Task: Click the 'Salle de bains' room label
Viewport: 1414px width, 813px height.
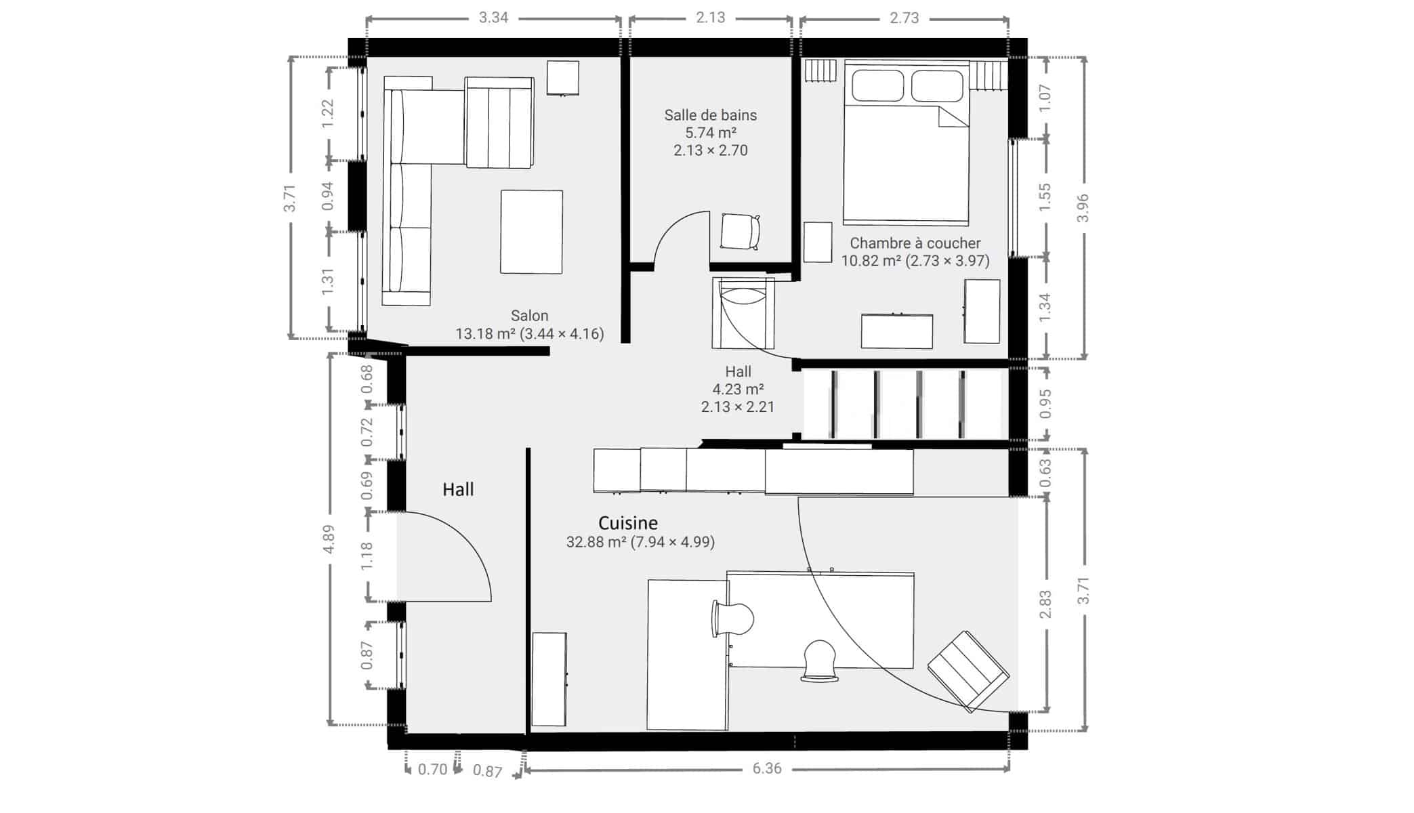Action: point(710,115)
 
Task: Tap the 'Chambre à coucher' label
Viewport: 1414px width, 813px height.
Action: point(915,243)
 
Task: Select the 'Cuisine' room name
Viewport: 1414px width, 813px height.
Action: point(628,523)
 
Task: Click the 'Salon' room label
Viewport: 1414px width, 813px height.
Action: point(529,316)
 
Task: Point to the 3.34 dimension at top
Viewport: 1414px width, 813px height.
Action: point(493,18)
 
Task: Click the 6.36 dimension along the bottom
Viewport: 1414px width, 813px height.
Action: point(767,768)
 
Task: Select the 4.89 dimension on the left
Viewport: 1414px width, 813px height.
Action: point(329,539)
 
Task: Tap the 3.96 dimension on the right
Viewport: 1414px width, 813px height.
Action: point(1083,208)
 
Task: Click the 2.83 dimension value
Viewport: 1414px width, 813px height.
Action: point(1045,604)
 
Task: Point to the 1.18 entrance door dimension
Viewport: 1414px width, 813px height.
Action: point(367,556)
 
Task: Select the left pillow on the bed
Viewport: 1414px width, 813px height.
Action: point(878,86)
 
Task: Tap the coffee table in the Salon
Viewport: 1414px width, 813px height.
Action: point(531,232)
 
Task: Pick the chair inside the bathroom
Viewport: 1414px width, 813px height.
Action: point(740,231)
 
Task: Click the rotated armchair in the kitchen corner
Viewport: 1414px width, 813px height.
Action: point(968,671)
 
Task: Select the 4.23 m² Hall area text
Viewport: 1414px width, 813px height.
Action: point(738,390)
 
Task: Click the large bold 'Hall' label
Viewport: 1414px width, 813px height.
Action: point(458,489)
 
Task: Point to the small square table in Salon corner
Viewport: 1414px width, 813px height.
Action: point(563,78)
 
